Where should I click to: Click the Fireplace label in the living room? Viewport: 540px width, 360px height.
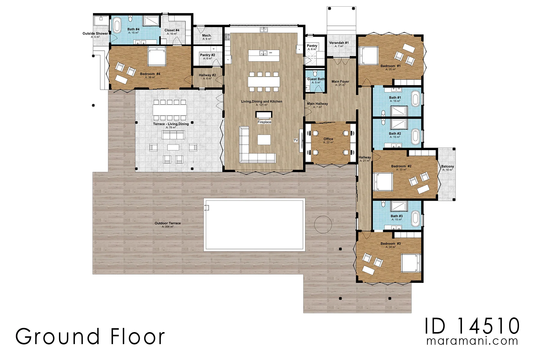coord(264,122)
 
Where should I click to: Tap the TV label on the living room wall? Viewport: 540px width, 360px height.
coord(296,140)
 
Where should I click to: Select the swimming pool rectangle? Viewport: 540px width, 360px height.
coord(254,225)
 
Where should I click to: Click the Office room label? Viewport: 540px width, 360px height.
coord(328,139)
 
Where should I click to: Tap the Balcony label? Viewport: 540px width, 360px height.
coord(447,166)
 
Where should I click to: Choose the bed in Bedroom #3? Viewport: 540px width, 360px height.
coord(411,263)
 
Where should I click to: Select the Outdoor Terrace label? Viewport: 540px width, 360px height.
coord(168,223)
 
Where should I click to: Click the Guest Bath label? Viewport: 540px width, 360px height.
coord(316,79)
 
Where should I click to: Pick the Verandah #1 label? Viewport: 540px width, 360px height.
coord(339,43)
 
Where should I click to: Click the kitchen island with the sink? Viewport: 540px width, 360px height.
coord(264,55)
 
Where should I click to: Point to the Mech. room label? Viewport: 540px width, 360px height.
coord(207,35)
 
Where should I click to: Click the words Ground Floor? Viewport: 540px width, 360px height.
coord(90,336)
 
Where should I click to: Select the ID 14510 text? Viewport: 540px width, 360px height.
coord(472,326)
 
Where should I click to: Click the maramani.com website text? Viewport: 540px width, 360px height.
coord(472,341)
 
